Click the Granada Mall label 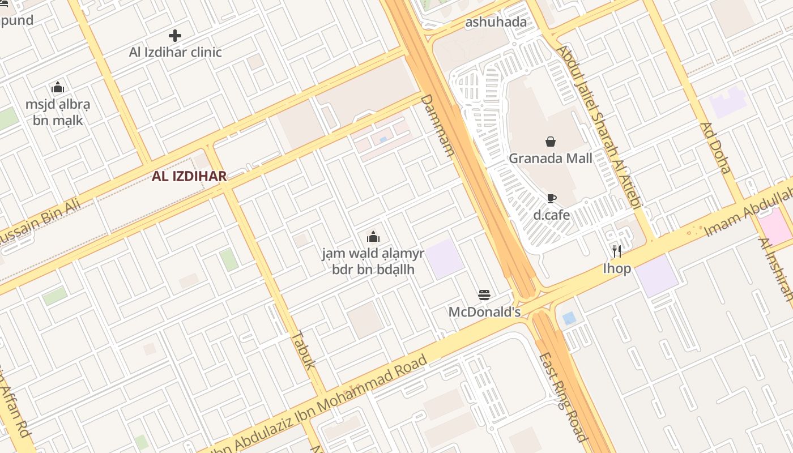pos(550,158)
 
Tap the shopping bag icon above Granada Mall pos(550,142)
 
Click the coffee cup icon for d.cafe pos(551,198)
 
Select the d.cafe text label pos(551,215)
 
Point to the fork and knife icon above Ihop pos(616,251)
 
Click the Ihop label pos(616,268)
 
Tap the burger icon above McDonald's pos(484,294)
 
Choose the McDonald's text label pos(484,312)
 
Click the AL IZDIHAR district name pos(189,176)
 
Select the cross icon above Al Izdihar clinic pos(175,36)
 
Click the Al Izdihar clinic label pos(175,52)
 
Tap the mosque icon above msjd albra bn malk pos(57,88)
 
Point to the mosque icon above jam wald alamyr pos(373,237)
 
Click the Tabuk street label pos(303,349)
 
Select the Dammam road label pos(437,125)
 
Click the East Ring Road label pos(562,396)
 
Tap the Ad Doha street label pos(715,148)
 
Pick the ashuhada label pos(496,22)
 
